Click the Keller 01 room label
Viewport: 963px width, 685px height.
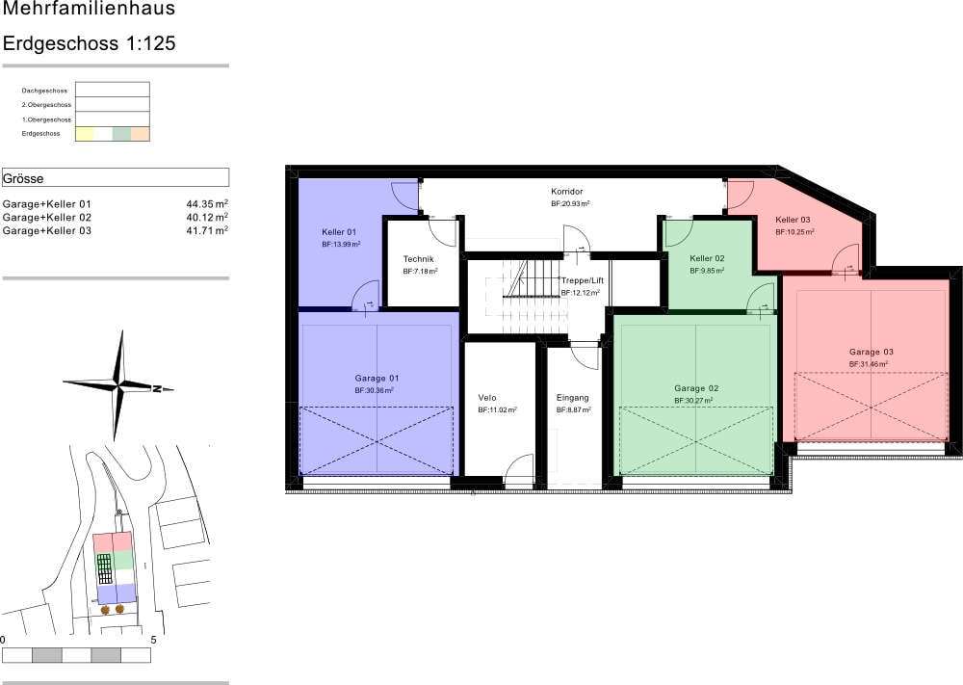[339, 232]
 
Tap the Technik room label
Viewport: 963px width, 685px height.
[419, 259]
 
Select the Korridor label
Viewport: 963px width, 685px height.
[567, 192]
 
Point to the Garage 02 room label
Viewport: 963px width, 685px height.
[695, 388]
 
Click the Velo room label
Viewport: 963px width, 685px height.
[487, 398]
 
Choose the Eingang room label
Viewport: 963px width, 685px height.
[572, 398]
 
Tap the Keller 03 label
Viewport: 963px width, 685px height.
[793, 220]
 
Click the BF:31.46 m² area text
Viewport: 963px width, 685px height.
[871, 364]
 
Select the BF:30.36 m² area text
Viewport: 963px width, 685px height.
[374, 390]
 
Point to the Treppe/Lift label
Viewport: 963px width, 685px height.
[582, 280]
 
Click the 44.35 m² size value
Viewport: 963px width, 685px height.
[207, 204]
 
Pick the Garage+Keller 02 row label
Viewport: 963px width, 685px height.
[47, 218]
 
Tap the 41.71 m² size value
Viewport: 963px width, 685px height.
[207, 230]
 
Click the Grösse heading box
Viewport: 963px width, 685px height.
[116, 178]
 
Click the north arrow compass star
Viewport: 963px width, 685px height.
[120, 386]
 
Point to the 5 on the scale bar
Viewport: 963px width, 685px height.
[153, 639]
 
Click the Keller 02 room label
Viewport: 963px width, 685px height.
[707, 259]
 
